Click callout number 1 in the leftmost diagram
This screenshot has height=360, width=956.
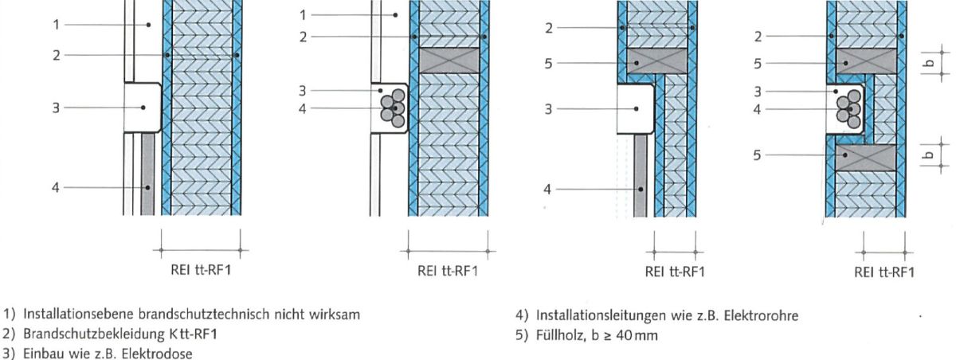(x=57, y=25)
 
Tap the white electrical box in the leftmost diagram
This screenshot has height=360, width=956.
(x=142, y=108)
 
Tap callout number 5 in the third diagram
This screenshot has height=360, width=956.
(x=549, y=62)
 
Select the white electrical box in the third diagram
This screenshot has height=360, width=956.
(x=636, y=108)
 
